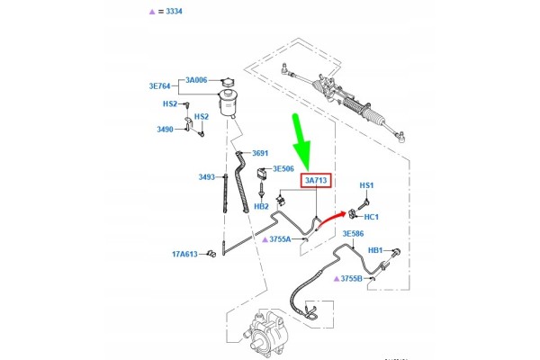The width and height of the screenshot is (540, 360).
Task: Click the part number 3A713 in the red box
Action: [x=316, y=180]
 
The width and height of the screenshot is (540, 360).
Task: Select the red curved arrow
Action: [x=330, y=219]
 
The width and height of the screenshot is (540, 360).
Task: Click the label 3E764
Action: [x=159, y=86]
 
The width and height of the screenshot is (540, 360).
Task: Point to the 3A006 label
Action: [x=196, y=80]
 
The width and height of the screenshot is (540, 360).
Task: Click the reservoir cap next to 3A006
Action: [x=228, y=82]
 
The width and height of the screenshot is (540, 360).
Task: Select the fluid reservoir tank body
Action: [x=228, y=103]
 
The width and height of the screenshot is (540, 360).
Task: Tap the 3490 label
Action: [x=165, y=130]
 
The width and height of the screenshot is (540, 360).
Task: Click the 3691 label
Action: [x=260, y=153]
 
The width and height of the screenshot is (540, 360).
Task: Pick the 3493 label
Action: [x=206, y=177]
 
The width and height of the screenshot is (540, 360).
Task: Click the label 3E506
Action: [x=283, y=169]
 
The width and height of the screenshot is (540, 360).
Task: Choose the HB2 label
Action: [x=261, y=207]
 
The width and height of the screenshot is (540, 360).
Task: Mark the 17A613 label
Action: [x=184, y=254]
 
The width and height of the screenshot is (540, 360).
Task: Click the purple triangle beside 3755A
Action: [x=265, y=239]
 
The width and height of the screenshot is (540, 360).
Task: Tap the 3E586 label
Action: [x=353, y=234]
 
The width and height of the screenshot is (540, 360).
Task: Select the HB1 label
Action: [x=375, y=250]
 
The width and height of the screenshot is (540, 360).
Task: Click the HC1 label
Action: [x=371, y=217]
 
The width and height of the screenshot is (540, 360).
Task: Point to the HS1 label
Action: [x=366, y=185]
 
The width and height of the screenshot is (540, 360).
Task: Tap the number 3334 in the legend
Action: [x=174, y=12]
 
